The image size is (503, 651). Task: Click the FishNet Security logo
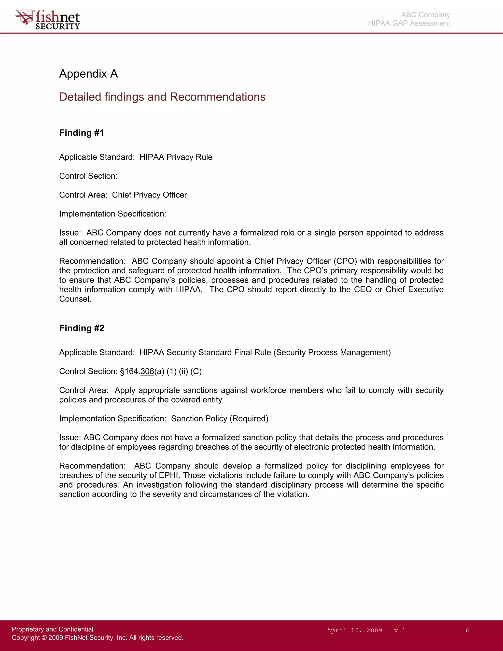48,20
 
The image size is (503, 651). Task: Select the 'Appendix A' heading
88,74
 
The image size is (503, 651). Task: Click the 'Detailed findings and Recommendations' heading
162,97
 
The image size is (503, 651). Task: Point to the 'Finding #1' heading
81,133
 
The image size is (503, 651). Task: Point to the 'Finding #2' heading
82,328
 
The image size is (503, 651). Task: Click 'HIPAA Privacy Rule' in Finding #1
176,157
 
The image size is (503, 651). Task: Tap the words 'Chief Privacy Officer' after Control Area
149,195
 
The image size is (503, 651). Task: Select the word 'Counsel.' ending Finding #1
75,299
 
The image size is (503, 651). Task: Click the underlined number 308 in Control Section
147,371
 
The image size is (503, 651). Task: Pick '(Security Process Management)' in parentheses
333,353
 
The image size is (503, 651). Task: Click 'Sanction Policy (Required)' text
220,419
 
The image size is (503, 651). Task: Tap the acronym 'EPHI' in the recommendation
168,475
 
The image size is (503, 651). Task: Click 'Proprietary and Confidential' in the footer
53,629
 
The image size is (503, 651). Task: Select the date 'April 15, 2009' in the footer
354,630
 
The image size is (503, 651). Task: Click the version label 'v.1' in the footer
400,630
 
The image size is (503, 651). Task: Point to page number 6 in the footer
467,630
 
